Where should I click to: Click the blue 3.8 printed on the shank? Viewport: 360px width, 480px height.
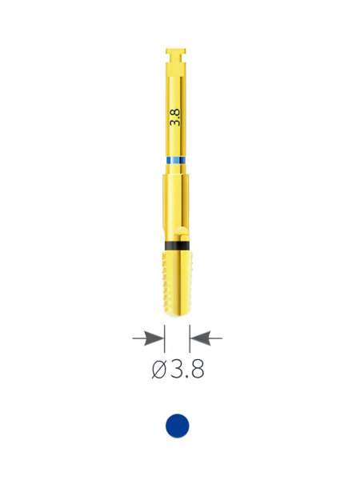click(x=176, y=117)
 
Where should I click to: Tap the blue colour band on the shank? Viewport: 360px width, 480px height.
click(x=176, y=161)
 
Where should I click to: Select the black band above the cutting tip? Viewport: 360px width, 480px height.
click(x=177, y=246)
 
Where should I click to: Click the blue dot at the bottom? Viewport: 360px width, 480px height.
click(x=178, y=426)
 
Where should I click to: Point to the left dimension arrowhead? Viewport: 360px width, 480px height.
click(x=154, y=338)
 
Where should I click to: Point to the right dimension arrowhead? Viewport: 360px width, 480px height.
click(x=200, y=338)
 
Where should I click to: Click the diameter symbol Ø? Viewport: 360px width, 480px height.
click(x=159, y=369)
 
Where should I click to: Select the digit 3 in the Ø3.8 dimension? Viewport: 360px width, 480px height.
click(x=176, y=369)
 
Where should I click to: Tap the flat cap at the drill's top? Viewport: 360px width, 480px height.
click(x=176, y=51)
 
